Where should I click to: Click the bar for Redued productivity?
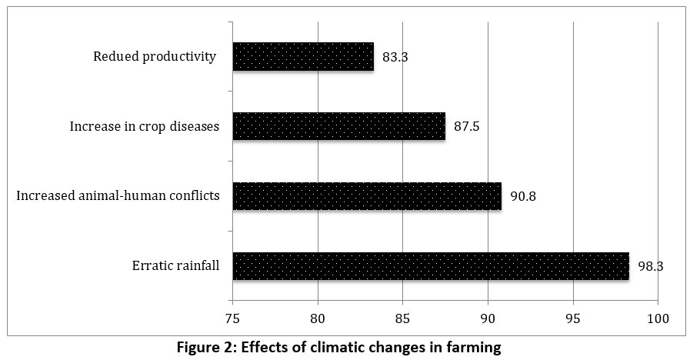click(x=303, y=57)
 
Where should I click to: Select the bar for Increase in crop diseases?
click(x=338, y=126)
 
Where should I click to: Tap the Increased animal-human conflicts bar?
click(x=367, y=196)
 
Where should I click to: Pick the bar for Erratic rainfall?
click(x=431, y=266)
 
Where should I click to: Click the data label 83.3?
click(x=394, y=57)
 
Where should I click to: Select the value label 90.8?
click(x=522, y=196)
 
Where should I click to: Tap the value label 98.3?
click(x=649, y=266)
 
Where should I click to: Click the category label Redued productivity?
click(x=154, y=57)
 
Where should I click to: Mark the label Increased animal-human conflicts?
click(x=118, y=196)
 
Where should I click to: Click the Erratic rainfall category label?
click(x=175, y=266)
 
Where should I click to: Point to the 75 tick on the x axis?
click(x=232, y=318)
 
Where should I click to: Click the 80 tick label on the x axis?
click(x=318, y=318)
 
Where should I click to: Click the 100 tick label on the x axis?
click(x=658, y=318)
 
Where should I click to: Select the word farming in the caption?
click(x=472, y=348)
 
